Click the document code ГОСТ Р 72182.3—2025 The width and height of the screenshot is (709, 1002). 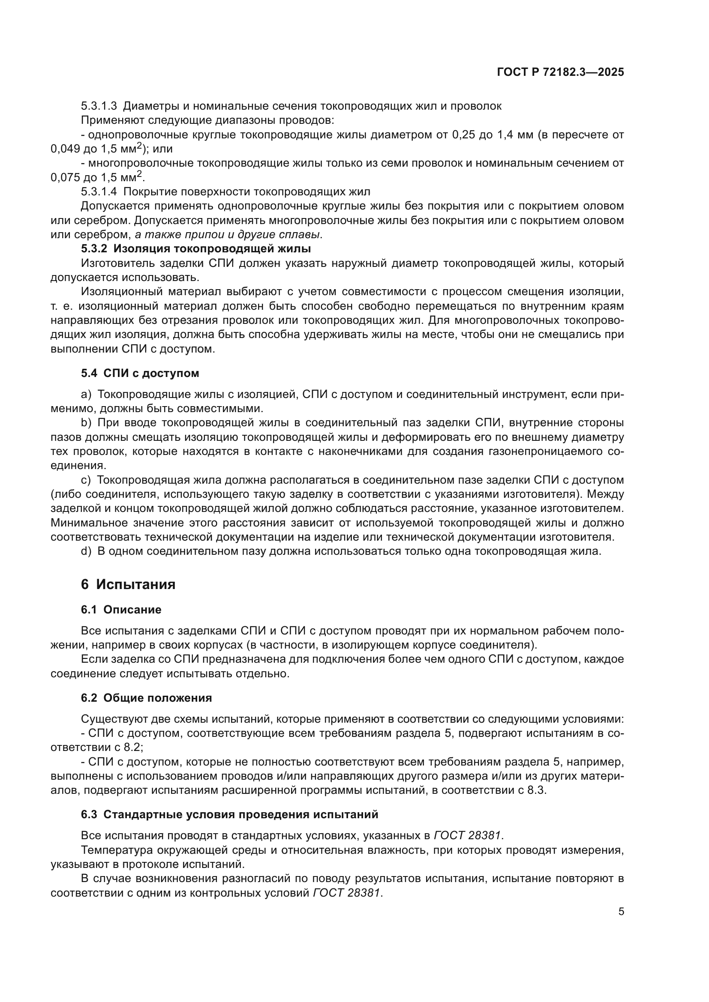coord(560,72)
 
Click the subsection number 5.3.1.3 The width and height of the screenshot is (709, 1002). coord(99,106)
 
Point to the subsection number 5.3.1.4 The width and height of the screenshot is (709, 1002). coord(99,191)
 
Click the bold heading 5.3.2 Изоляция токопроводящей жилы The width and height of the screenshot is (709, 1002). coord(195,249)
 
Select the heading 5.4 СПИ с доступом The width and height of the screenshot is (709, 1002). coord(140,373)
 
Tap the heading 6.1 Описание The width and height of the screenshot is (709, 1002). coord(121,610)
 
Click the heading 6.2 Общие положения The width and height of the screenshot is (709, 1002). coord(146,698)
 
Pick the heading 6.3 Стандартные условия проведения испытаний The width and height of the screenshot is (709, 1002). coord(229,814)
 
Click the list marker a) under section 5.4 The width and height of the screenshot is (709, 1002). coord(86,395)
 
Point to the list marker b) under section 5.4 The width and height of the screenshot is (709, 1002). coord(86,422)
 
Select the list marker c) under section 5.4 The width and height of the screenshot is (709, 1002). coord(86,480)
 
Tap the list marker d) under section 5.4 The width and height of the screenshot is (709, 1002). coord(86,551)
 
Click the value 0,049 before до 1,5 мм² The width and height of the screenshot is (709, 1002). coord(65,149)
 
